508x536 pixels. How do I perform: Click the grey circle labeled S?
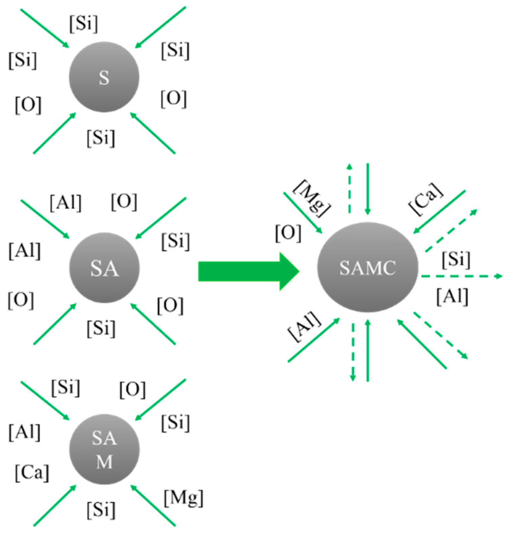point(104,77)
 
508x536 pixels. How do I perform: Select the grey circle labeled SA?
point(104,268)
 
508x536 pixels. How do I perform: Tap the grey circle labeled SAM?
point(104,450)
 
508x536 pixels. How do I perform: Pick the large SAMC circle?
point(367,268)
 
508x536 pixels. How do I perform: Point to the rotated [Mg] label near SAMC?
point(311,198)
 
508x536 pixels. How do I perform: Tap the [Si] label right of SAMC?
point(456,259)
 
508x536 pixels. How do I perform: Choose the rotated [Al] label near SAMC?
point(304,327)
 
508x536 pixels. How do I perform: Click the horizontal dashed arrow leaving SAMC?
point(461,276)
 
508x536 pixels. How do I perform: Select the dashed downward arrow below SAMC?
point(353,353)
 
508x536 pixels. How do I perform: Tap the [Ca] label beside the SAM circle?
point(32,472)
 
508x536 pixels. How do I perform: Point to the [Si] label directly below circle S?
point(101,138)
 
